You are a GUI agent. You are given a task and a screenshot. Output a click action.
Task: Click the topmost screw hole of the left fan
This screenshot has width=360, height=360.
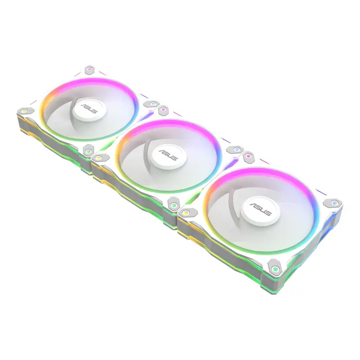click(x=89, y=68)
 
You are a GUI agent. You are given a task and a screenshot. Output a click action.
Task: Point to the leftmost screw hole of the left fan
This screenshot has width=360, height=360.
click(x=23, y=110)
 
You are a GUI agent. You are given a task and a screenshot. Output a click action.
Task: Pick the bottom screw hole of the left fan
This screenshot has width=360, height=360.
click(x=88, y=151)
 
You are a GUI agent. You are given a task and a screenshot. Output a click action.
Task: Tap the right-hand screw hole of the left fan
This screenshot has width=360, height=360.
click(x=152, y=105)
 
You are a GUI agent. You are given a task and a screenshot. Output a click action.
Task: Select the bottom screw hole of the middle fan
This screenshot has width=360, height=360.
click(x=173, y=206)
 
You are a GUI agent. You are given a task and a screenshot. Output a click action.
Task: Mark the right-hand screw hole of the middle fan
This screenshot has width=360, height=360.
click(x=236, y=150)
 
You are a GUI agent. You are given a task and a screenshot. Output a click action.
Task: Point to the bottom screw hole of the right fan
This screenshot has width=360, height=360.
click(x=276, y=269)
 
